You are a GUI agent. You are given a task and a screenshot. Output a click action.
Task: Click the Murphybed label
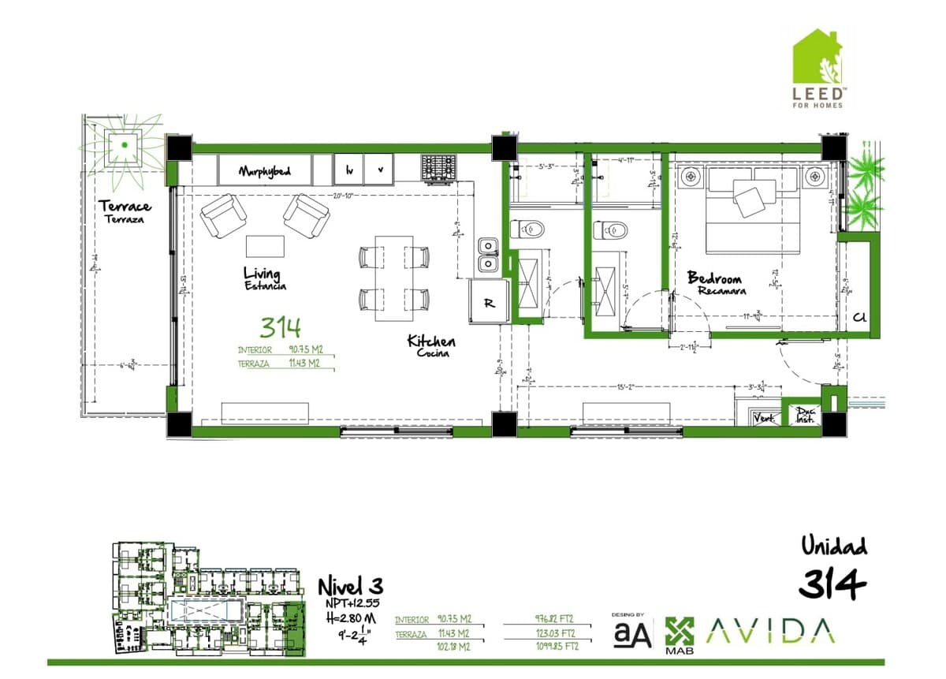(x=266, y=170)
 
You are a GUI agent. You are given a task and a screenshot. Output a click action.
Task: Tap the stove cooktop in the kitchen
(x=439, y=166)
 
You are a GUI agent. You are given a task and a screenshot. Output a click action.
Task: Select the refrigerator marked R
(x=489, y=302)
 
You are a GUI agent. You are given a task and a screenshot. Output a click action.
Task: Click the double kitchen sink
(x=488, y=255)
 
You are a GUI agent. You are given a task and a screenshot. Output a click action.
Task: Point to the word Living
(x=261, y=274)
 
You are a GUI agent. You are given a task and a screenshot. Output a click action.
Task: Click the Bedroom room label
(x=714, y=278)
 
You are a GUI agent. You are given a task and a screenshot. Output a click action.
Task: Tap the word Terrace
(x=125, y=207)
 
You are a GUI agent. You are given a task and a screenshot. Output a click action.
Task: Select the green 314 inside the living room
(x=281, y=326)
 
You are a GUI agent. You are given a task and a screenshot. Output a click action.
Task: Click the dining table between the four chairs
(x=394, y=278)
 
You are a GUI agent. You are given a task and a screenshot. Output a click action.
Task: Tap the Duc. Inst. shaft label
(x=805, y=416)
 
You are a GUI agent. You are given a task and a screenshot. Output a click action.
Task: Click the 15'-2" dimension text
(x=627, y=386)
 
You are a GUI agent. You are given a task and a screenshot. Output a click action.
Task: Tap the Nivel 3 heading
(x=350, y=586)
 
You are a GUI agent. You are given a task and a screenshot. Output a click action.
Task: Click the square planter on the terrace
(x=125, y=145)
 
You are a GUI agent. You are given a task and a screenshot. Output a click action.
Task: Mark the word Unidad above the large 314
(x=833, y=545)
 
